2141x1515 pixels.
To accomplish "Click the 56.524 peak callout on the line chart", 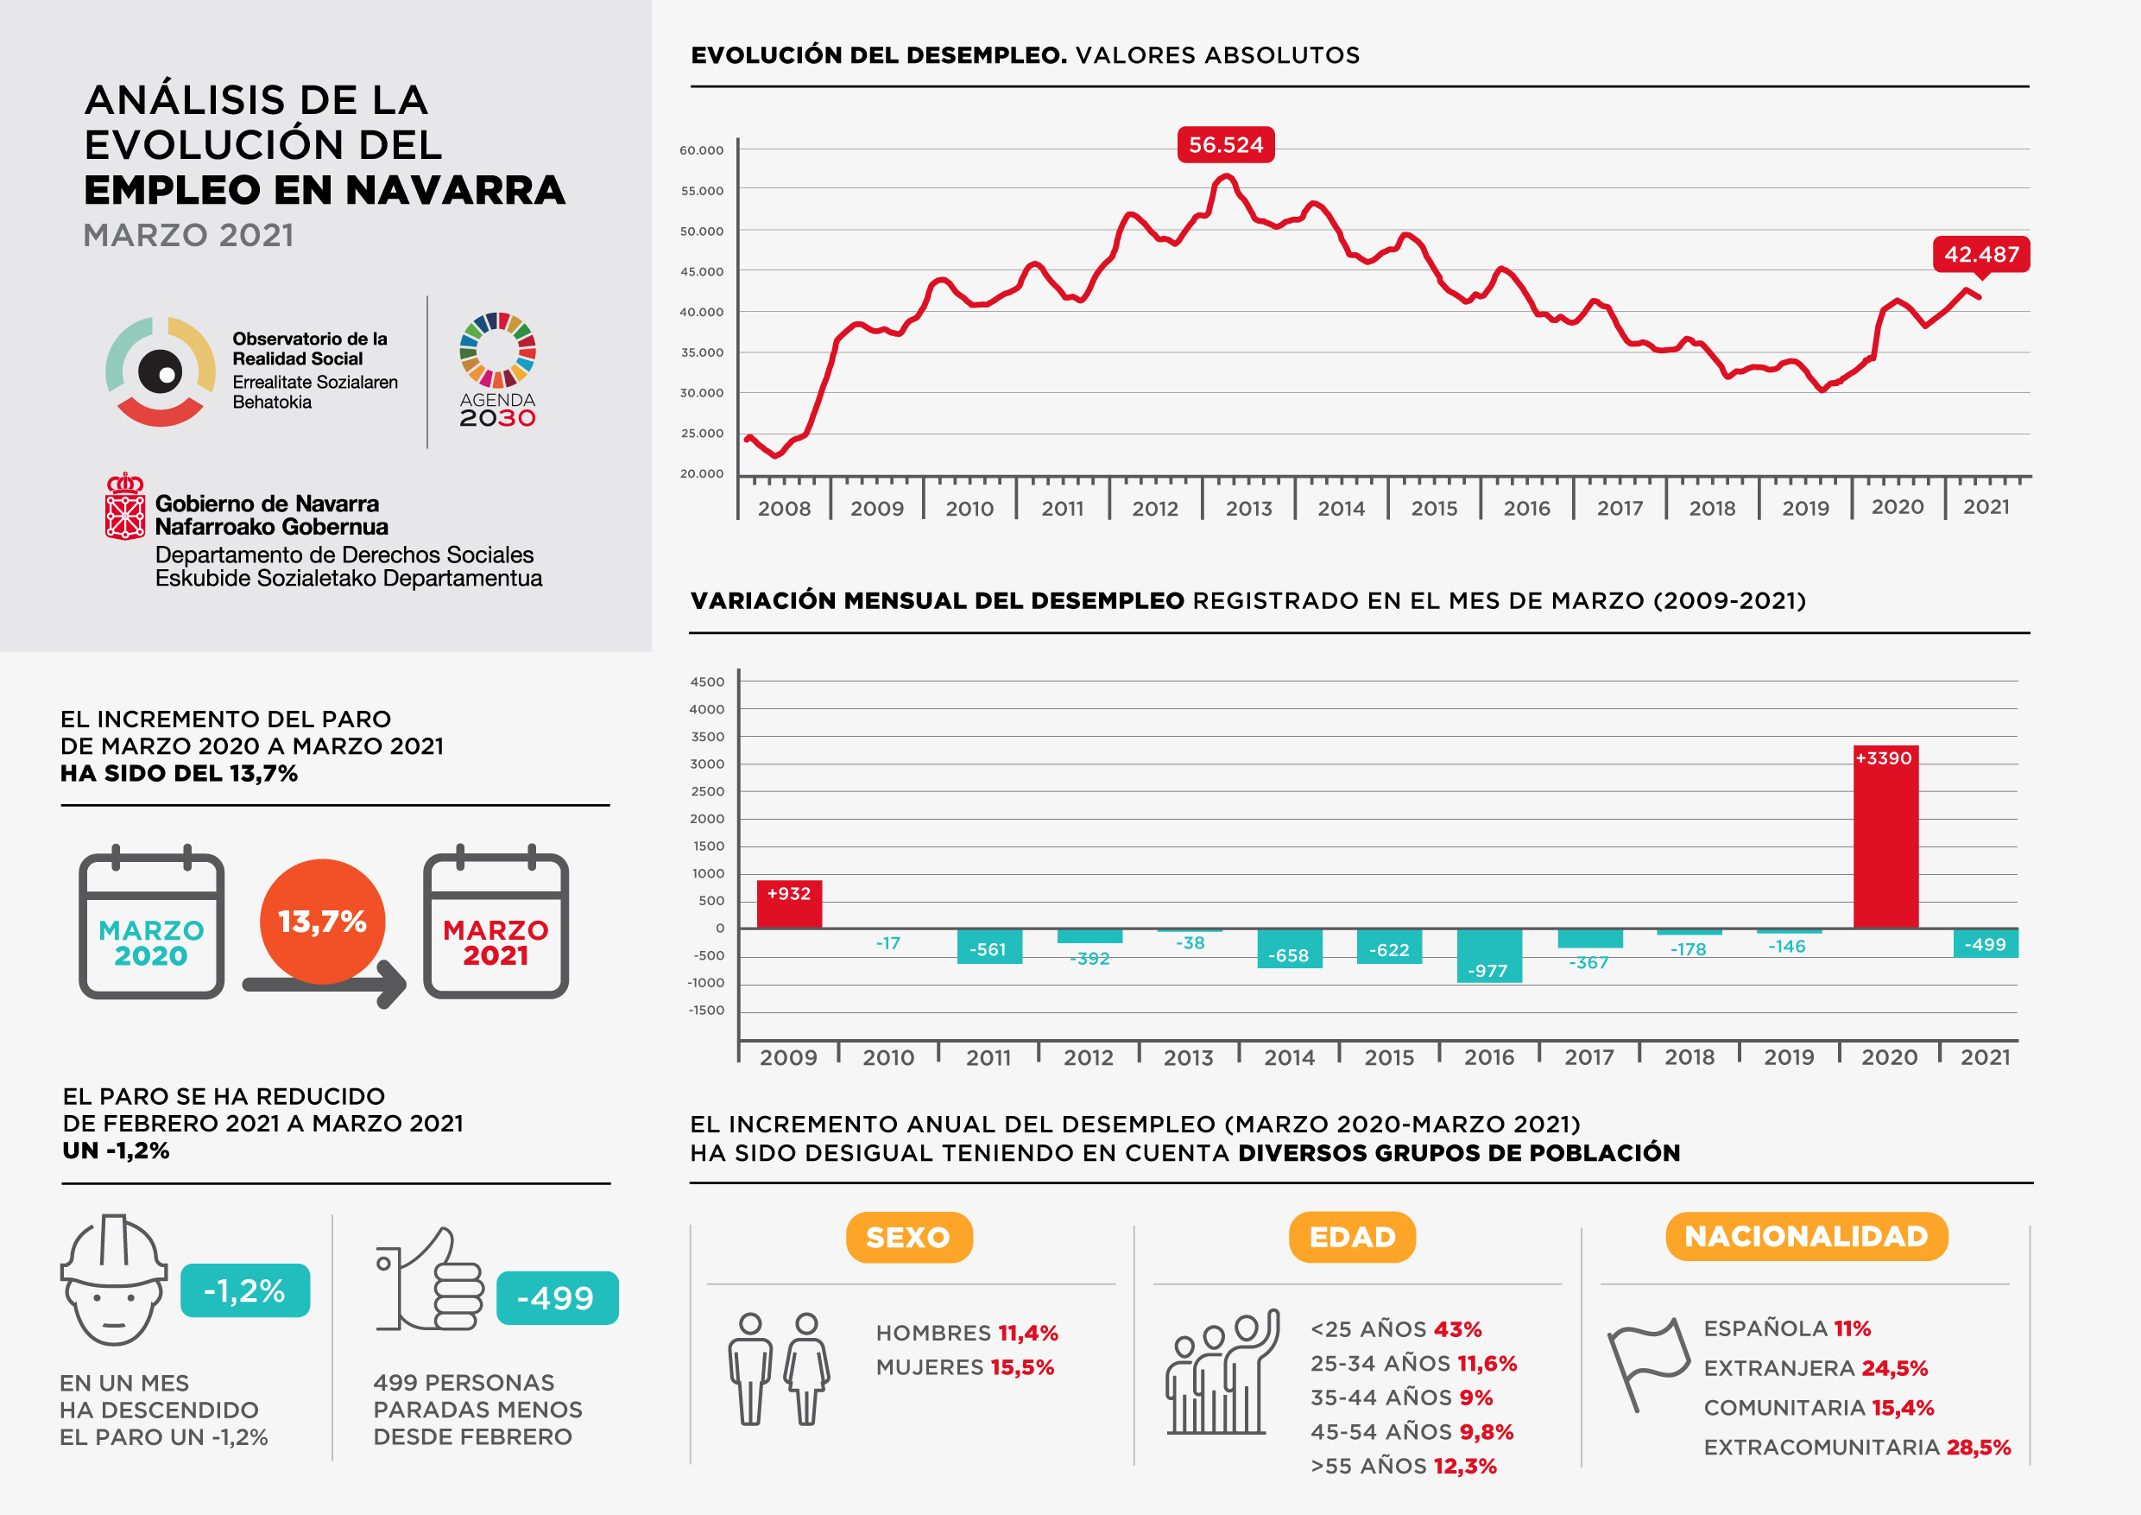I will [1225, 144].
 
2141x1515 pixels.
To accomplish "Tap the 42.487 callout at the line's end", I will [1980, 254].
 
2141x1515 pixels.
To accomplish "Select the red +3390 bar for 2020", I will [1885, 836].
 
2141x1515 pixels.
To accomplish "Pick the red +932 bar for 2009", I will [789, 903].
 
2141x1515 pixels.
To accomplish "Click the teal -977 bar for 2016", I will [1489, 955].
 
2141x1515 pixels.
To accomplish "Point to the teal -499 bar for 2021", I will [1986, 943].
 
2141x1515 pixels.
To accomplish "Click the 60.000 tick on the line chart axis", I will [701, 150].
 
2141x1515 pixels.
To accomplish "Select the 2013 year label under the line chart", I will [1248, 509].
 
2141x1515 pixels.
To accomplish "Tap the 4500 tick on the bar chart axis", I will [707, 682].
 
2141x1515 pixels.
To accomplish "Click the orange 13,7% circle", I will [323, 922].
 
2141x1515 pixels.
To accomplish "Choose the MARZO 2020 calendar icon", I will [151, 925].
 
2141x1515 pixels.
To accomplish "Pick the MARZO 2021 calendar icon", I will [496, 925].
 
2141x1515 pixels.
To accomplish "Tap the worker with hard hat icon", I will [114, 1280].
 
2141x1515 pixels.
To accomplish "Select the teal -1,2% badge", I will [244, 1290].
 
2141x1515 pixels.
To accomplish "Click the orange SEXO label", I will [908, 1237].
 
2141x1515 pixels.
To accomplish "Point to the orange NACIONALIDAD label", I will [1806, 1236].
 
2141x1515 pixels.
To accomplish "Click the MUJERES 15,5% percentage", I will [1022, 1367].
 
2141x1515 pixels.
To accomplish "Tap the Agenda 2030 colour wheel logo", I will [498, 350].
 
